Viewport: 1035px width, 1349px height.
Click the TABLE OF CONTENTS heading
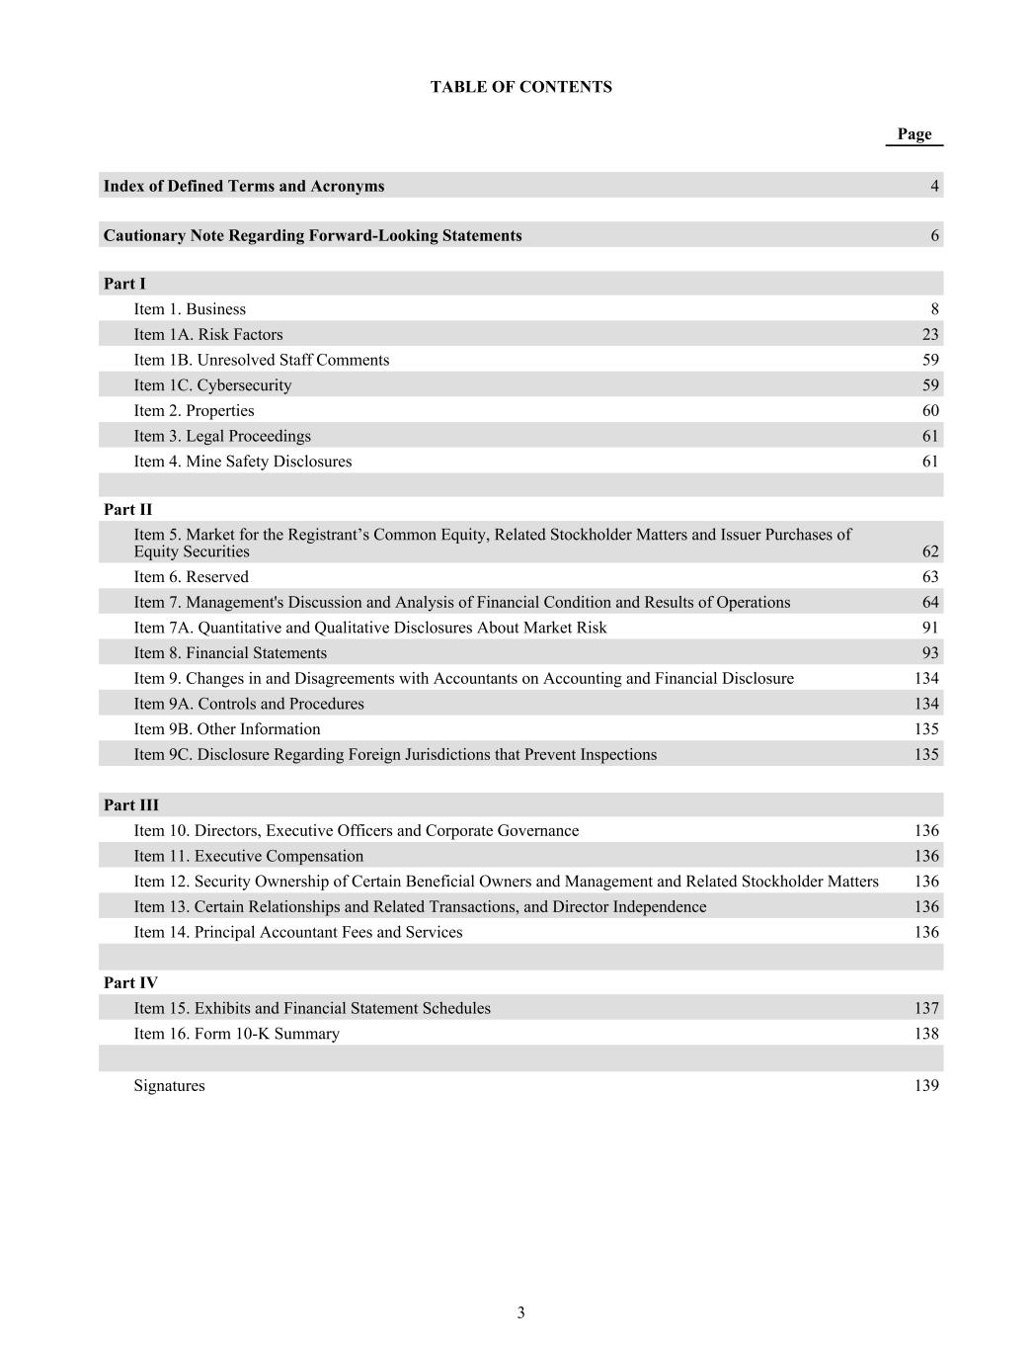(520, 87)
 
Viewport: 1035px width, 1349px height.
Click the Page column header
(914, 134)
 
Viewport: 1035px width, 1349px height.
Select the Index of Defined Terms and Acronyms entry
(244, 186)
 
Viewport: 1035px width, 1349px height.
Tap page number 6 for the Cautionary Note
(934, 235)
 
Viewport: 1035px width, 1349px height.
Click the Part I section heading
(123, 284)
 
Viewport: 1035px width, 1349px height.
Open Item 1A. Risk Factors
(208, 335)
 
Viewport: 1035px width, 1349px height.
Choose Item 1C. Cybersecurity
(212, 385)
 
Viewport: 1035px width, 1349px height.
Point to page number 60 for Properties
(930, 411)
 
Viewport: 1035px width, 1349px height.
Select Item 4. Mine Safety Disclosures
(243, 462)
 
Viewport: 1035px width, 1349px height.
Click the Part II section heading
(127, 510)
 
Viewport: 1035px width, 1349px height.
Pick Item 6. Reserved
(192, 577)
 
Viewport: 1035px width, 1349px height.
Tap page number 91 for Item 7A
(930, 628)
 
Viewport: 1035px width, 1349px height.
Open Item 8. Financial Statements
(230, 653)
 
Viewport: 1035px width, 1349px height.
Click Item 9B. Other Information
(227, 729)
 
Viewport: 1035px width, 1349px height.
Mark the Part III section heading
(130, 805)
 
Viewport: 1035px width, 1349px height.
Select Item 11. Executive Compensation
(249, 856)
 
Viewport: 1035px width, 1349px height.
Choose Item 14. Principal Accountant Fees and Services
(298, 932)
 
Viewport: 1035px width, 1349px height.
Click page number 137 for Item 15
(926, 1008)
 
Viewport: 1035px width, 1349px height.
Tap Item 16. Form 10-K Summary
(237, 1034)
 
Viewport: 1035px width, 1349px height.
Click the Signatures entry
(170, 1086)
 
